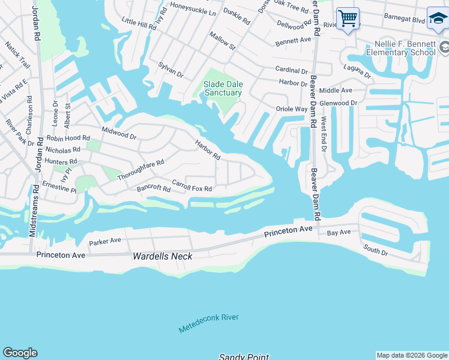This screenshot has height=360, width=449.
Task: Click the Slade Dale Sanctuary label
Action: pyautogui.click(x=222, y=88)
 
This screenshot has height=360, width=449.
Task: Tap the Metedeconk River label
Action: pyautogui.click(x=208, y=323)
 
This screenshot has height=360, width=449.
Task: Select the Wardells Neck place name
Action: pyautogui.click(x=163, y=256)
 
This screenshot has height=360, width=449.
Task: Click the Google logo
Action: pyautogui.click(x=20, y=353)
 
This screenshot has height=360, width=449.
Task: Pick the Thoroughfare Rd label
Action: pyautogui.click(x=141, y=170)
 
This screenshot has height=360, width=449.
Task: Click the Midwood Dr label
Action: pyautogui.click(x=119, y=133)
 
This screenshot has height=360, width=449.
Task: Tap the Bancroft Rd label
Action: pyautogui.click(x=154, y=188)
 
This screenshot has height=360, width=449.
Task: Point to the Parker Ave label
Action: pyautogui.click(x=105, y=241)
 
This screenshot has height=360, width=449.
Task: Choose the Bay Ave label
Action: pyautogui.click(x=339, y=232)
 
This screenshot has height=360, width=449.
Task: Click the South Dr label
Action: pyautogui.click(x=375, y=250)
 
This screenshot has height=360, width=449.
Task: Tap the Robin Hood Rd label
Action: pyautogui.click(x=67, y=137)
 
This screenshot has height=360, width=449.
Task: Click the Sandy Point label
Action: pyautogui.click(x=244, y=356)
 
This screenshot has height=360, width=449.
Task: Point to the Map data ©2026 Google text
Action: pyautogui.click(x=412, y=355)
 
